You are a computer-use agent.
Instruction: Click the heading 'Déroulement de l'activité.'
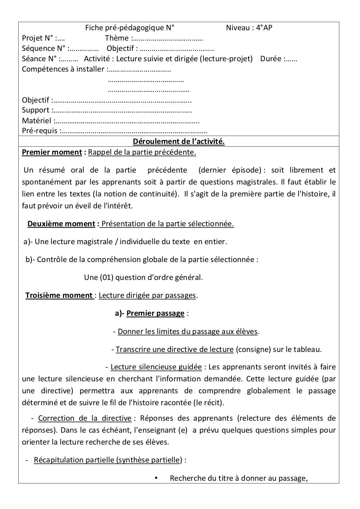pos(179,142)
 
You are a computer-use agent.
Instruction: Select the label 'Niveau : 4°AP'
pos(249,27)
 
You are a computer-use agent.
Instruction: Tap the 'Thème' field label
pos(117,38)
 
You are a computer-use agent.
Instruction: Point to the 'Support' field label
pos(36,110)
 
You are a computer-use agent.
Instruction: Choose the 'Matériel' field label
pos(37,120)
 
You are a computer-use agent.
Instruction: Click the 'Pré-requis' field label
pos(40,131)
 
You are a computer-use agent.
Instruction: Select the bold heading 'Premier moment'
pos(52,152)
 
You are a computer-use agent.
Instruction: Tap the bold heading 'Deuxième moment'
pos(61,223)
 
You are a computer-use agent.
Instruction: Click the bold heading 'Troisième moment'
pos(59,295)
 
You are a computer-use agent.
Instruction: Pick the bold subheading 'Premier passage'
pos(155,313)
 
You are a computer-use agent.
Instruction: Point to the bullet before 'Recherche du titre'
pos(156,478)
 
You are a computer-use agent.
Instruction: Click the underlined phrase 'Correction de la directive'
pos(85,418)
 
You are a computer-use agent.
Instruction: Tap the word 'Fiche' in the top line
pos(94,27)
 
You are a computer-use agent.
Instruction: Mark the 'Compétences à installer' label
pos(63,69)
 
